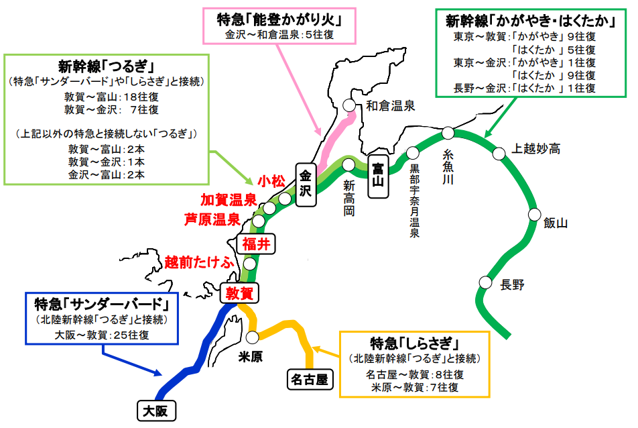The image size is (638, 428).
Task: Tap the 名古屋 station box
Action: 310,380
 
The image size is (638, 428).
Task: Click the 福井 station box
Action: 255,245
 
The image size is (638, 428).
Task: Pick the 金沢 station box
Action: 306,181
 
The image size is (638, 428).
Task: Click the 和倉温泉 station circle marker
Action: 349,105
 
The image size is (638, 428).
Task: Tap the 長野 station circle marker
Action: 485,282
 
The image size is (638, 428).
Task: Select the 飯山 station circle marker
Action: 534,215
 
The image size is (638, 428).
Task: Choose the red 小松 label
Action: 271,181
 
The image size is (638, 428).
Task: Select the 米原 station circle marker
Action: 253,337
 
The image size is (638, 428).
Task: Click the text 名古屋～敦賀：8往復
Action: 416,374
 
